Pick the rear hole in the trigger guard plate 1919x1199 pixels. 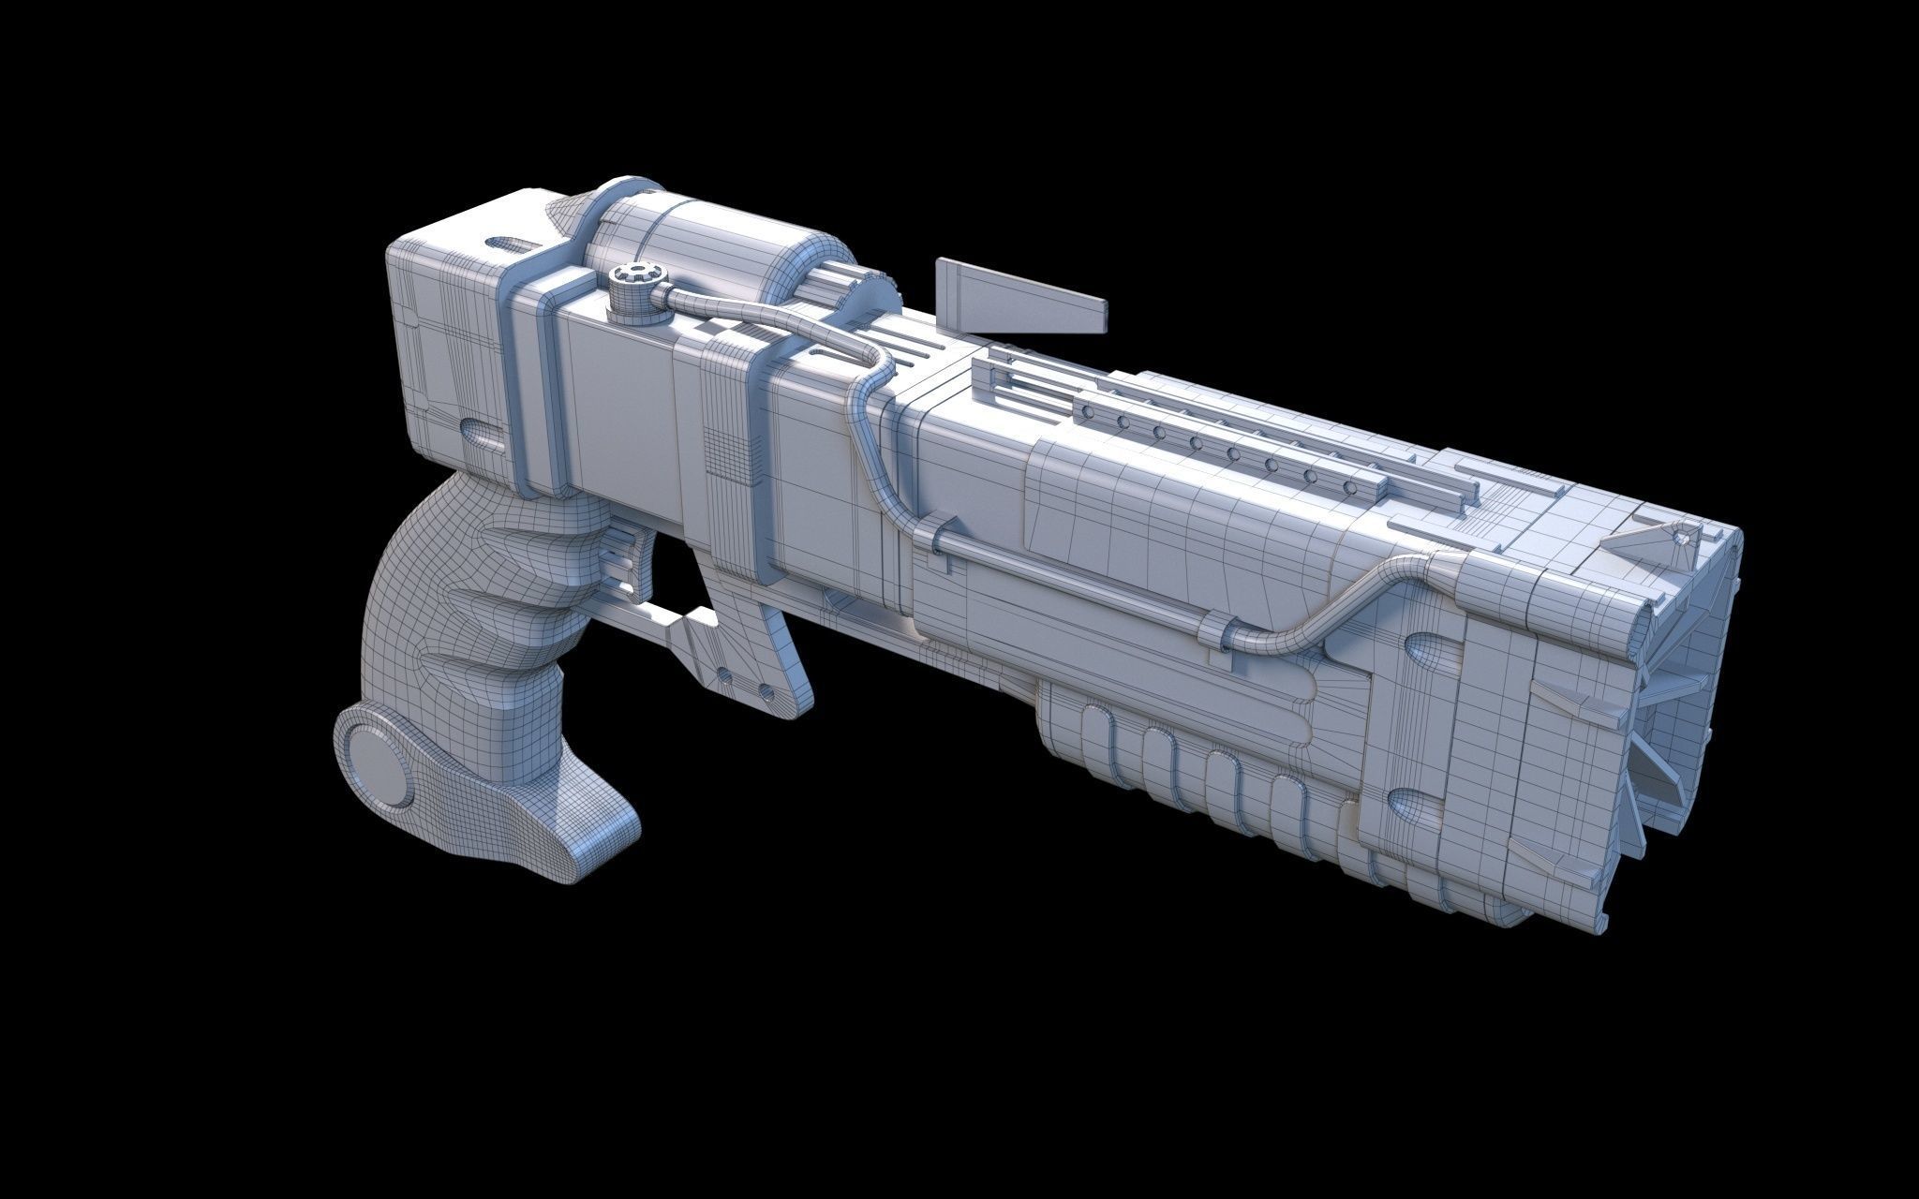722,673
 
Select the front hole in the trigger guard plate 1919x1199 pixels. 766,688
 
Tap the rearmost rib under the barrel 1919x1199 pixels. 1093,749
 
